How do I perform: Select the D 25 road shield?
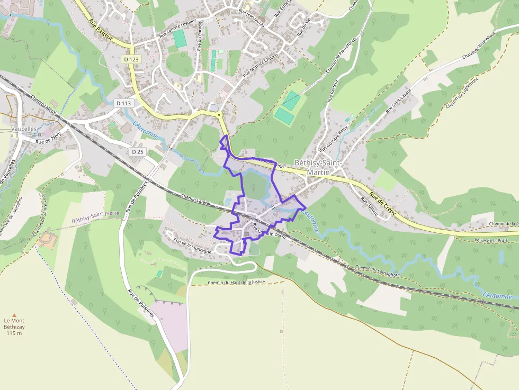point(137,152)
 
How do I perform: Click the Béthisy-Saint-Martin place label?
point(311,168)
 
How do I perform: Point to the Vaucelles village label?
point(23,129)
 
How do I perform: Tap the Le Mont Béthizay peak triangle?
point(14,315)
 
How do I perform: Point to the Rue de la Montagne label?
point(192,246)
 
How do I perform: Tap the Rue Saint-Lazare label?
point(398,101)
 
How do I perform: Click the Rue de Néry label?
point(48,138)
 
